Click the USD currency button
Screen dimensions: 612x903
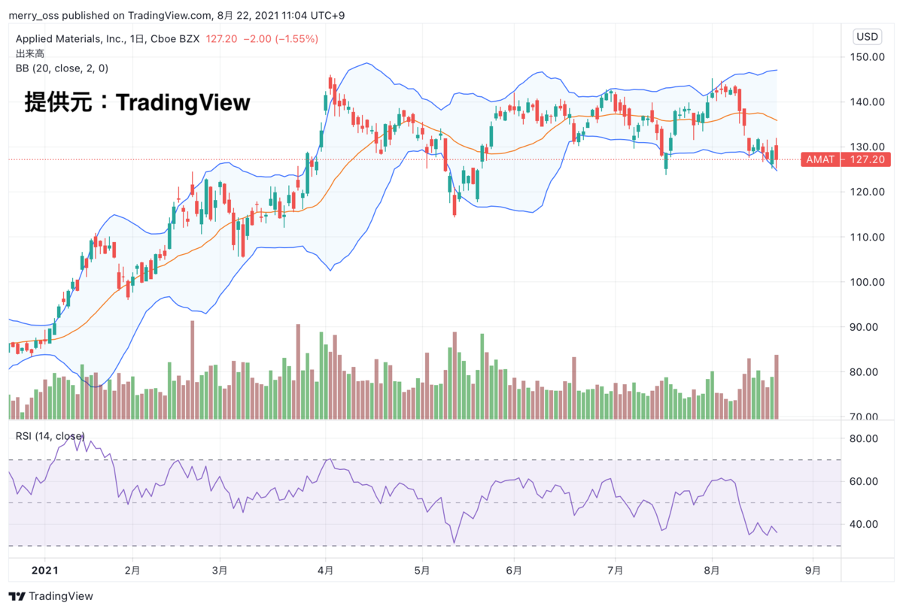[868, 37]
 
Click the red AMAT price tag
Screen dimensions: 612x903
[819, 159]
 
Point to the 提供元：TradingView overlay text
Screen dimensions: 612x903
[137, 102]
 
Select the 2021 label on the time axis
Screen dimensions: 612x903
[45, 571]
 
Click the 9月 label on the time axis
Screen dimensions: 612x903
[813, 571]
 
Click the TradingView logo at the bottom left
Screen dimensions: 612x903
[51, 596]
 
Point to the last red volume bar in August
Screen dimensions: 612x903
[776, 386]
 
